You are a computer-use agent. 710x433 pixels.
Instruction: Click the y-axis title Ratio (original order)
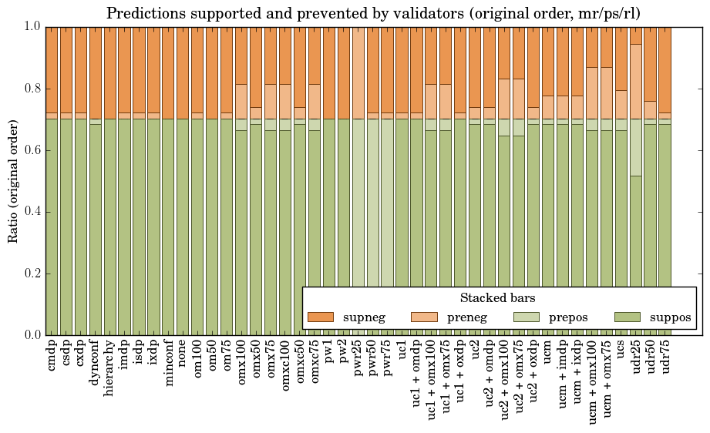[x=13, y=180]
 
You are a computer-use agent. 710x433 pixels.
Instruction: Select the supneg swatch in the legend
[x=320, y=317]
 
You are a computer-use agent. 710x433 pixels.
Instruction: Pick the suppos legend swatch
[x=628, y=317]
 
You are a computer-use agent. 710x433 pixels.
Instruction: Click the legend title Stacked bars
[x=497, y=297]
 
